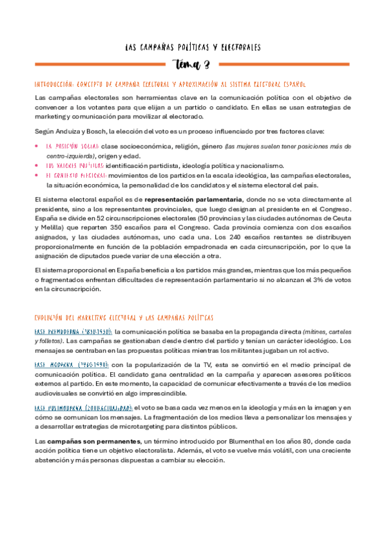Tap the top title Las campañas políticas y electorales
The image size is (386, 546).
(x=192, y=47)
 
